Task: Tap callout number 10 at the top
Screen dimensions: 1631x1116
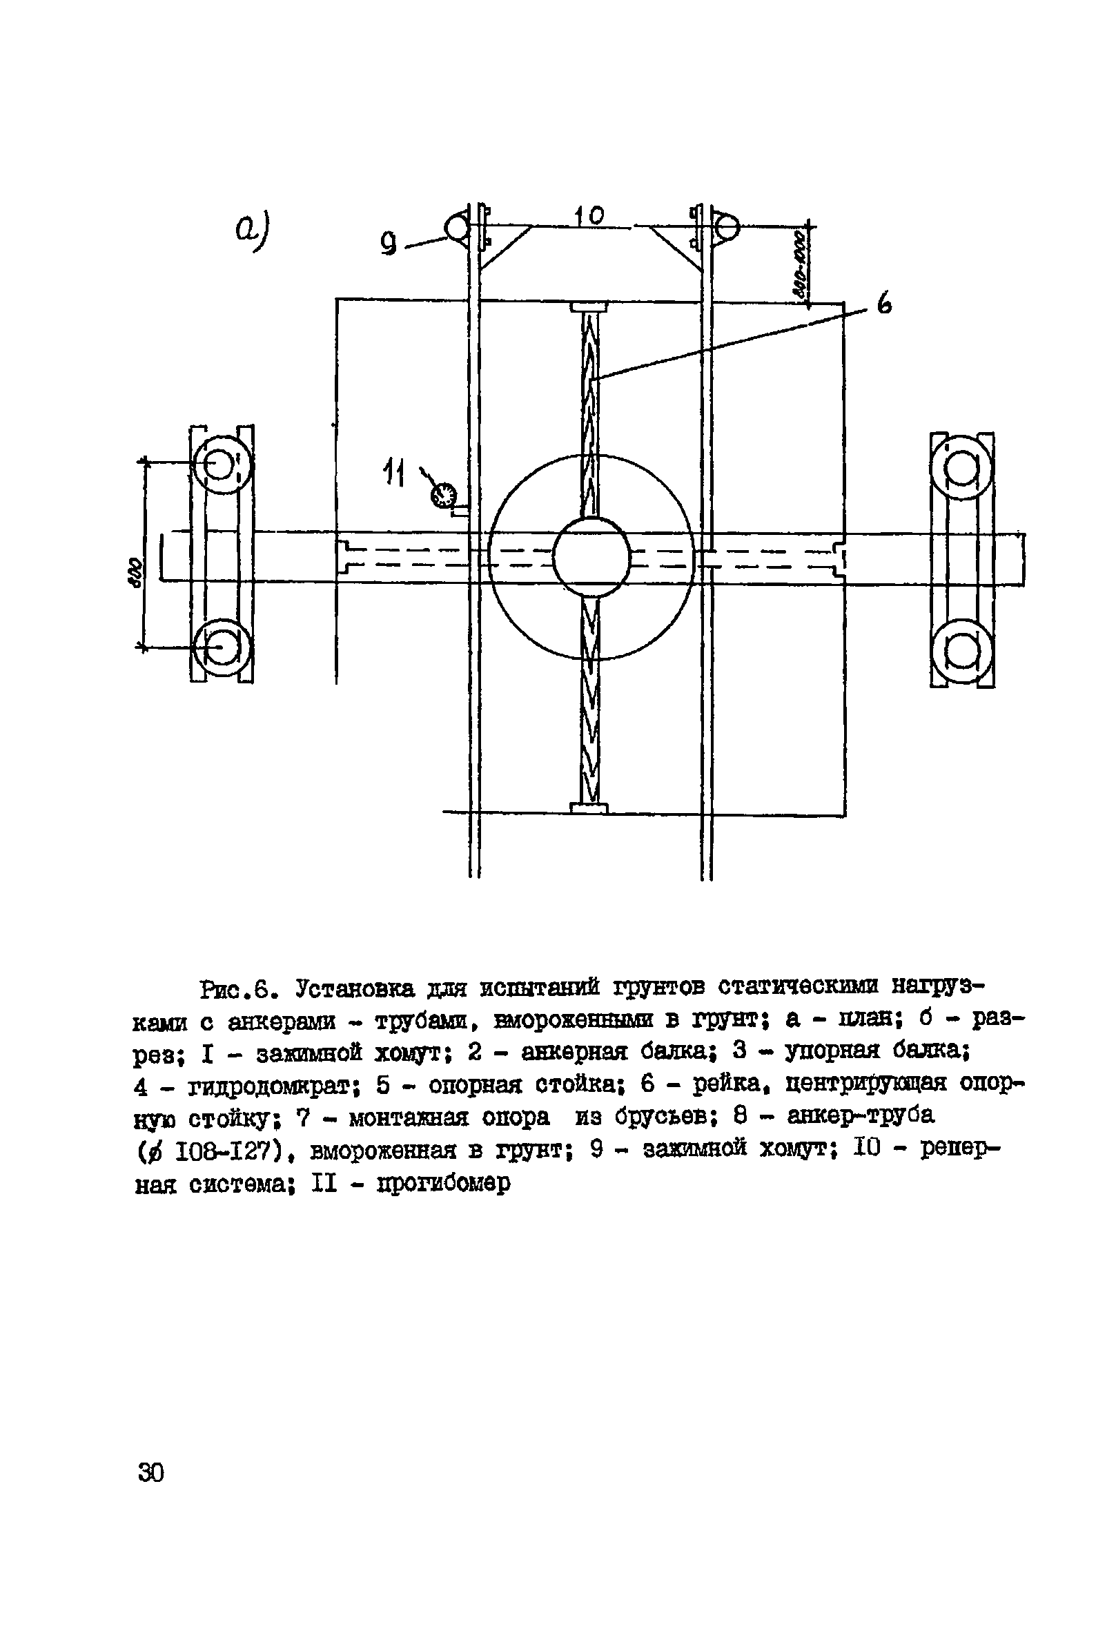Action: click(x=590, y=215)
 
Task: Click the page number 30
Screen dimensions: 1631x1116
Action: click(x=151, y=1472)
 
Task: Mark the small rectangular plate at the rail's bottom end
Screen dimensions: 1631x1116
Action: click(x=589, y=808)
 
